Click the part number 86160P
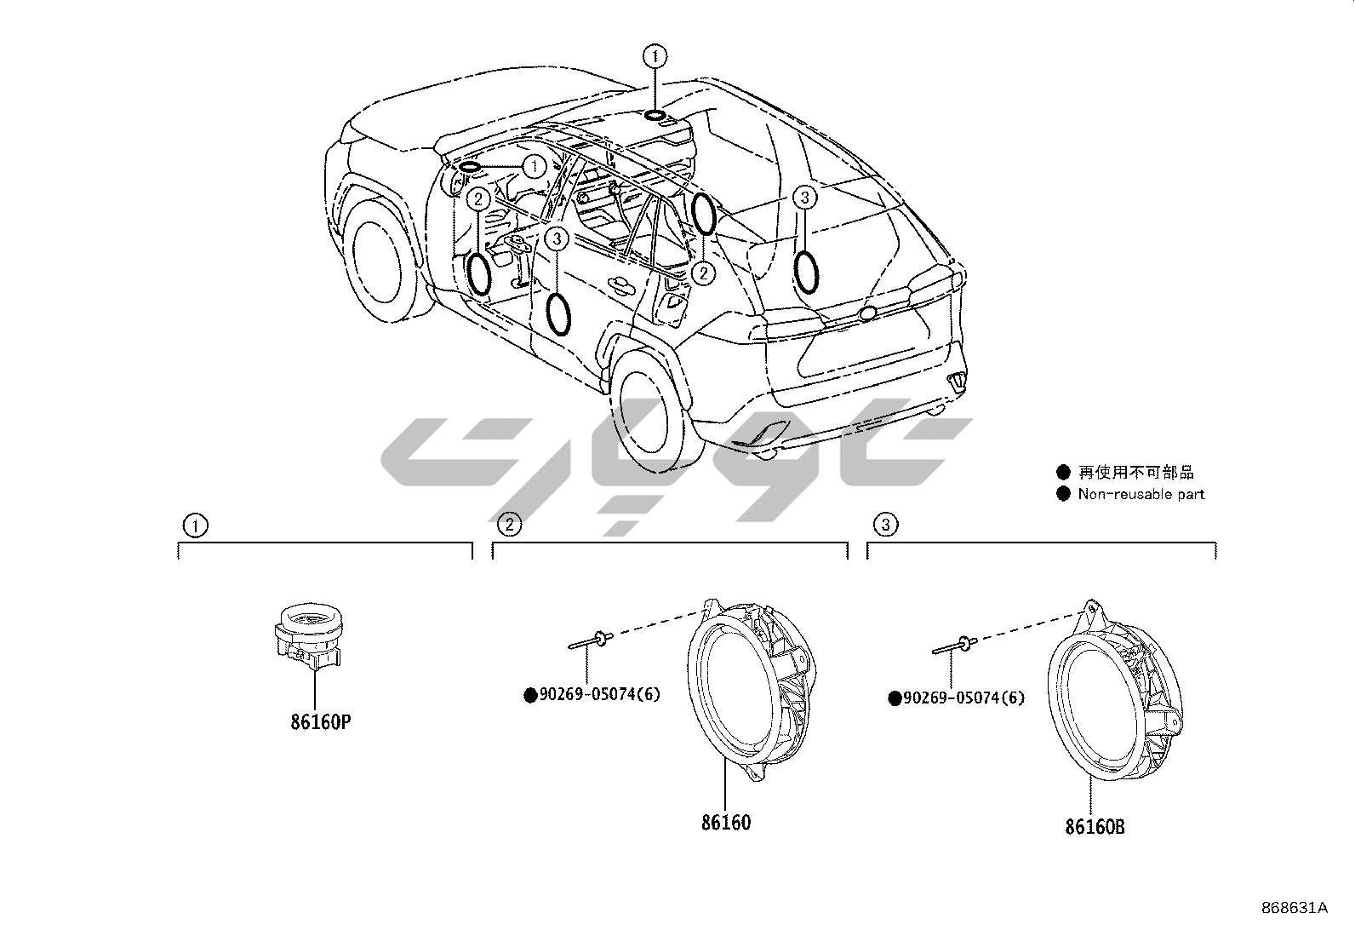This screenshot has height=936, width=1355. (320, 722)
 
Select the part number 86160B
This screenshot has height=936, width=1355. (1094, 825)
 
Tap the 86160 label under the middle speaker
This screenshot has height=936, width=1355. (726, 823)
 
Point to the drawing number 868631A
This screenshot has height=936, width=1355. (1295, 908)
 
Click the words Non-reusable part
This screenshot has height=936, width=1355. (1141, 494)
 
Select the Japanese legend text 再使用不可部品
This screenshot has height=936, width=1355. (1135, 472)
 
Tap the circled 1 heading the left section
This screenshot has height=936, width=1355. (196, 525)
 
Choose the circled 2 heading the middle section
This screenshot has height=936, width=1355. (509, 524)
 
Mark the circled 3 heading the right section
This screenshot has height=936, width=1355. (885, 525)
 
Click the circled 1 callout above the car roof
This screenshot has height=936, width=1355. (655, 56)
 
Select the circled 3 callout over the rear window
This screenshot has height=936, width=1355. (804, 198)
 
